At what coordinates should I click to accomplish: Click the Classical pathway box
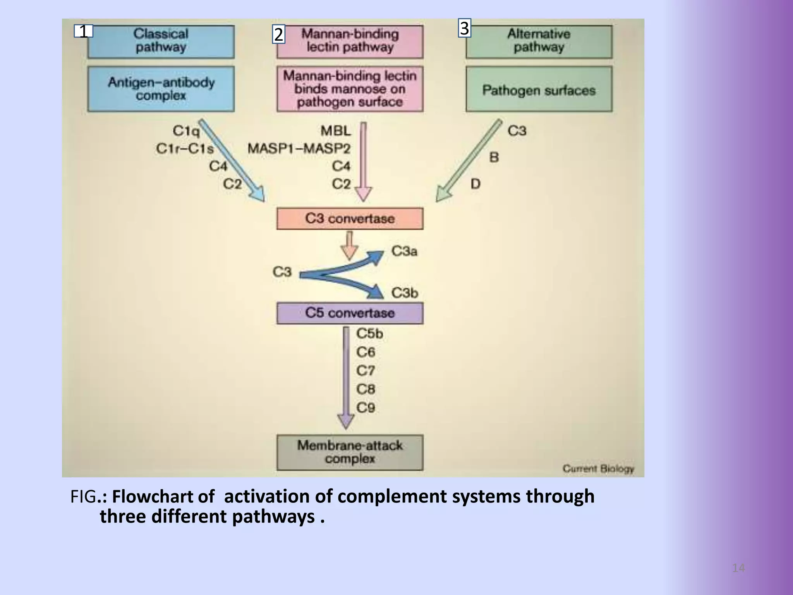coord(161,42)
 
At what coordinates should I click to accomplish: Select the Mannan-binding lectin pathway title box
coord(350,42)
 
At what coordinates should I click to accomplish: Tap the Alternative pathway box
coord(539,42)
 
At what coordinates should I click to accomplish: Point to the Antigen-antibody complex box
coord(161,89)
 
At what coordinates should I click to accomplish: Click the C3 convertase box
coord(350,218)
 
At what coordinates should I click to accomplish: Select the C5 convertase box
coord(350,313)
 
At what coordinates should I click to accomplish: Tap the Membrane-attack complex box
coord(350,452)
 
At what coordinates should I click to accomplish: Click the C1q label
coord(186,131)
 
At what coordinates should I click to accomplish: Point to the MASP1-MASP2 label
coord(299,148)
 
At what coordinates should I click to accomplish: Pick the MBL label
coord(336,131)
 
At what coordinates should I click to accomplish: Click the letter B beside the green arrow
coord(494,157)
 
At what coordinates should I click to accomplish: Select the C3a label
coord(404,251)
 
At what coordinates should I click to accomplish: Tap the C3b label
coord(405,293)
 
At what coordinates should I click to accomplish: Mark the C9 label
coord(366,408)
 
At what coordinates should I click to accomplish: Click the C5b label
coord(369,334)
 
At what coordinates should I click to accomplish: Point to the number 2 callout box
coord(278,34)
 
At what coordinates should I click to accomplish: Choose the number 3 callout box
coord(464,28)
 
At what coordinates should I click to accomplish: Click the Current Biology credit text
coord(598,469)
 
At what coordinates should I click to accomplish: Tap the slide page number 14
coord(738,568)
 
